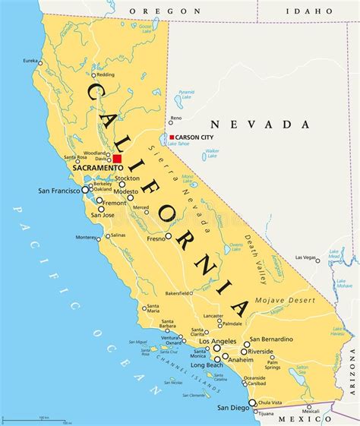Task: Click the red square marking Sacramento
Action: point(117,159)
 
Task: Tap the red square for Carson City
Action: point(172,137)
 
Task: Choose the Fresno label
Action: point(156,238)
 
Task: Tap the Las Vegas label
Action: point(305,257)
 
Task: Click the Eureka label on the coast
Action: point(30,61)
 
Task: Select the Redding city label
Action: point(106,74)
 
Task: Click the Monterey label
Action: point(87,237)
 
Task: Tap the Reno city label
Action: point(176,118)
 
